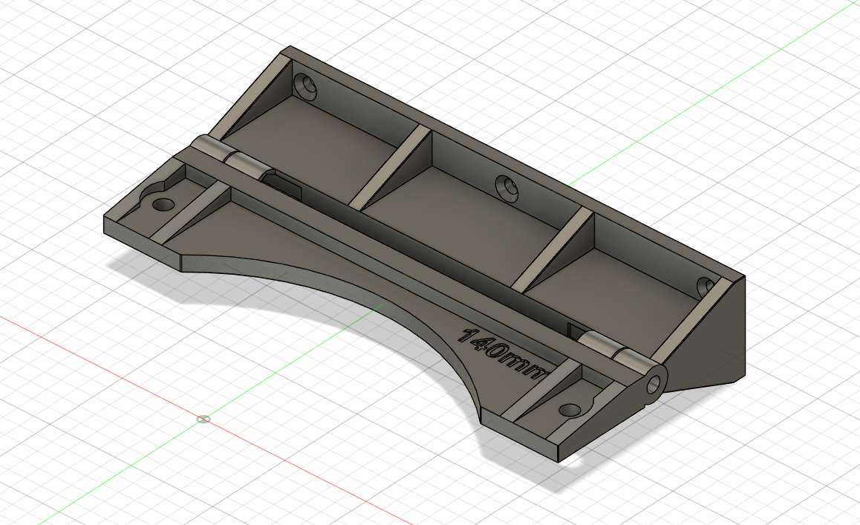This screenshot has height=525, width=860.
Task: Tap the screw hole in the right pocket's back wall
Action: (705, 286)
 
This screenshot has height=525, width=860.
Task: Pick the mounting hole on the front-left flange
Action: (163, 203)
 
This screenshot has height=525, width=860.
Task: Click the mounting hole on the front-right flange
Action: (569, 409)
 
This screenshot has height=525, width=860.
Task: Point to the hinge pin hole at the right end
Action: (654, 384)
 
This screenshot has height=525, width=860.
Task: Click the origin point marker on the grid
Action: (203, 419)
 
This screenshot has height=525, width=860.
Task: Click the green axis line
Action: (111, 483)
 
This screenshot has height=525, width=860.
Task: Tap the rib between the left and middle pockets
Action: (390, 167)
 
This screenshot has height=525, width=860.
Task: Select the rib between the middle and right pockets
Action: (553, 250)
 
